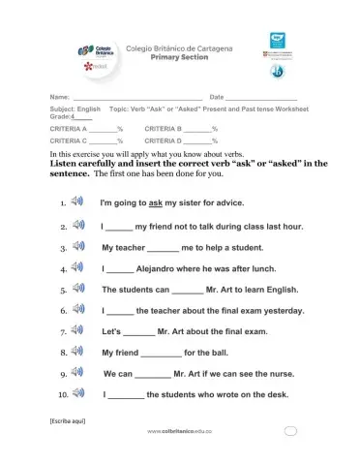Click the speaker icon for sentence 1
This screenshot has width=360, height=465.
point(78,203)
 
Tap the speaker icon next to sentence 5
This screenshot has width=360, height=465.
point(78,289)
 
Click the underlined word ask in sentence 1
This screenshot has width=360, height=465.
point(154,203)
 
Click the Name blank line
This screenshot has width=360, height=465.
point(136,98)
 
